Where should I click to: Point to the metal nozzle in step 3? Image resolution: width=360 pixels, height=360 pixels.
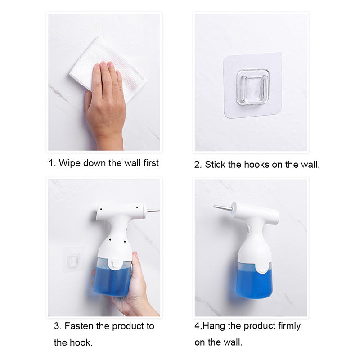[x=153, y=210]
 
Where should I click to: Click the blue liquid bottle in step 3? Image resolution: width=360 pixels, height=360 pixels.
[x=112, y=278]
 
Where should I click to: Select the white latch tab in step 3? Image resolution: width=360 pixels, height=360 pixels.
[x=114, y=264]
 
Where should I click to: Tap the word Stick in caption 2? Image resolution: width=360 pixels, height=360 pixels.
[x=215, y=165]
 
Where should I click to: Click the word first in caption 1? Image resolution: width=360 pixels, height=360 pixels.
[x=151, y=163]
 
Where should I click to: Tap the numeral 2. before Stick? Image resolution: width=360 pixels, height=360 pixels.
[x=198, y=165]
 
